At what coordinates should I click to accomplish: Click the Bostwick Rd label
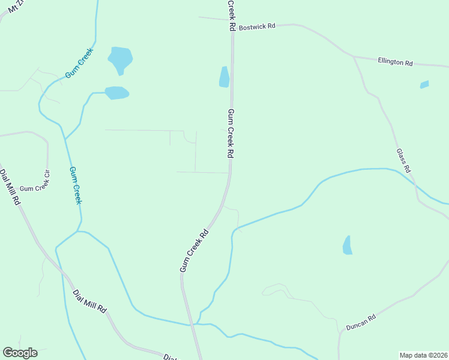click(x=256, y=26)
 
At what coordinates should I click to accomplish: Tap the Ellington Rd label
click(x=395, y=62)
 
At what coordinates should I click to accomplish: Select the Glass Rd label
click(x=403, y=161)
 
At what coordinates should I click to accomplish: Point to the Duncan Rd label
click(x=361, y=322)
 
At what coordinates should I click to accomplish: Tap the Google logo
click(x=20, y=353)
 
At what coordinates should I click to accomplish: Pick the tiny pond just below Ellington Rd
click(x=424, y=85)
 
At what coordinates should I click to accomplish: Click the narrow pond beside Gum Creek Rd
click(x=224, y=77)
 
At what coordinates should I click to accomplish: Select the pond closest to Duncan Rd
click(x=347, y=245)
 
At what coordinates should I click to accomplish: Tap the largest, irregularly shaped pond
click(x=120, y=59)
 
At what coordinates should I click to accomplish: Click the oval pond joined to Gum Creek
click(x=116, y=93)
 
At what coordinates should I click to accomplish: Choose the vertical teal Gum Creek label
click(x=75, y=185)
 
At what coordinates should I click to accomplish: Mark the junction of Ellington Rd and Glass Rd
click(x=354, y=58)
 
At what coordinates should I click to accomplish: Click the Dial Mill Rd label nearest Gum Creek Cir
click(x=10, y=188)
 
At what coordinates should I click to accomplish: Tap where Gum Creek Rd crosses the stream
click(x=194, y=324)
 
